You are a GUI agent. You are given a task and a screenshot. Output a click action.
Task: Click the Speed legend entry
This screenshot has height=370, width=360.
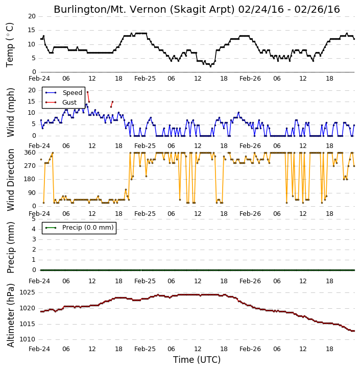[x=64, y=93]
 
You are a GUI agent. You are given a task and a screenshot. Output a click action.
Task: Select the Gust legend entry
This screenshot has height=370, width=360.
[x=61, y=103]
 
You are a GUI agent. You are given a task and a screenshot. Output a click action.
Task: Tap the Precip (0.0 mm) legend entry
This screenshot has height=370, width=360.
[x=80, y=228]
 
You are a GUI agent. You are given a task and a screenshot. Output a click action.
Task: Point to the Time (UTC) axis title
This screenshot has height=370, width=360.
[x=197, y=360]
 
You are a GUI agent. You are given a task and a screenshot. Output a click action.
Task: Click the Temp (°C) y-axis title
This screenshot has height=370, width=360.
[x=10, y=45]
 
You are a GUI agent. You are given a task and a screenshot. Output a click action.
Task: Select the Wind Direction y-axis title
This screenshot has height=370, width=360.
[x=11, y=180]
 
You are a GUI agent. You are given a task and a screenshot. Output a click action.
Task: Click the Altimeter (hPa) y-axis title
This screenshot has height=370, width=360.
[x=11, y=315]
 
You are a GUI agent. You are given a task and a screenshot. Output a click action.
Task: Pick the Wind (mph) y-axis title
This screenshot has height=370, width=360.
[x=11, y=112]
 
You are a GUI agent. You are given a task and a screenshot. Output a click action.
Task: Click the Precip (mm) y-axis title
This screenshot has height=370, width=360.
[x=11, y=248]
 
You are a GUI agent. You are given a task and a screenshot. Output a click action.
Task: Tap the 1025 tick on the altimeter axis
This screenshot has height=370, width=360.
[x=27, y=292]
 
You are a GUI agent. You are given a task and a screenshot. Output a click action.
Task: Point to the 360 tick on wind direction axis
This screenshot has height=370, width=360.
[x=30, y=153]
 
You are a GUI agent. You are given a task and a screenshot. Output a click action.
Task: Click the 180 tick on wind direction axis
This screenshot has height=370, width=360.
[x=30, y=179]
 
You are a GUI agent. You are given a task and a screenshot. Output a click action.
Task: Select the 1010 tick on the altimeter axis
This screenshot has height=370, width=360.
[x=27, y=339]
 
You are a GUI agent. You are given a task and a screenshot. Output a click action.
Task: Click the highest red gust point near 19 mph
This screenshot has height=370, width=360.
[x=88, y=92]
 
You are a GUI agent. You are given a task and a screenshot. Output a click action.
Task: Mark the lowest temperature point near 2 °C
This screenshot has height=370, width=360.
[x=210, y=66]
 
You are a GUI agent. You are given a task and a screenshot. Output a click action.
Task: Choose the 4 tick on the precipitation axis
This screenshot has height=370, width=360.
[x=34, y=229]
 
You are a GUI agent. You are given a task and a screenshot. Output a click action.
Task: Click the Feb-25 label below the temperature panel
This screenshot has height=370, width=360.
[x=145, y=79]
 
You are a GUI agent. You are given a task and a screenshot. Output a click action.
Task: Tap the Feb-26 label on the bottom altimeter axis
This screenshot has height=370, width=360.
[x=250, y=349]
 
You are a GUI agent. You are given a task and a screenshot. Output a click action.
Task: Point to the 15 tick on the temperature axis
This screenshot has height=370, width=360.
[x=32, y=30]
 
